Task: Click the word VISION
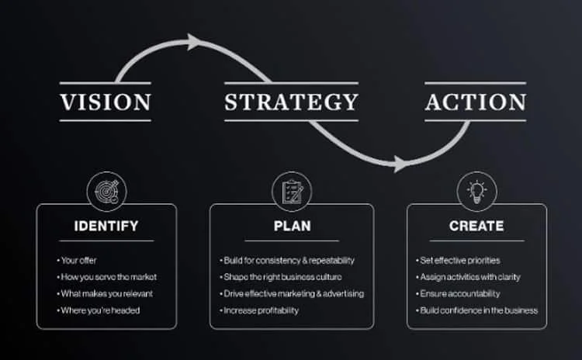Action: point(106,102)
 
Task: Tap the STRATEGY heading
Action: point(291,102)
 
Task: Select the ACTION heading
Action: point(475,102)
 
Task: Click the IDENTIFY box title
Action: point(106,227)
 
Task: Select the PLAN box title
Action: point(292,227)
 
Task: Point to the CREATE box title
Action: point(476,227)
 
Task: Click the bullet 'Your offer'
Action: point(78,260)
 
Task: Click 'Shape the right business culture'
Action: point(282,277)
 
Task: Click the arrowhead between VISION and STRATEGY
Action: point(194,42)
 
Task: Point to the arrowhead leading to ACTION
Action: point(400,164)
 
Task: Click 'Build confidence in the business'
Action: point(478,310)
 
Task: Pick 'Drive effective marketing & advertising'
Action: point(293,293)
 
